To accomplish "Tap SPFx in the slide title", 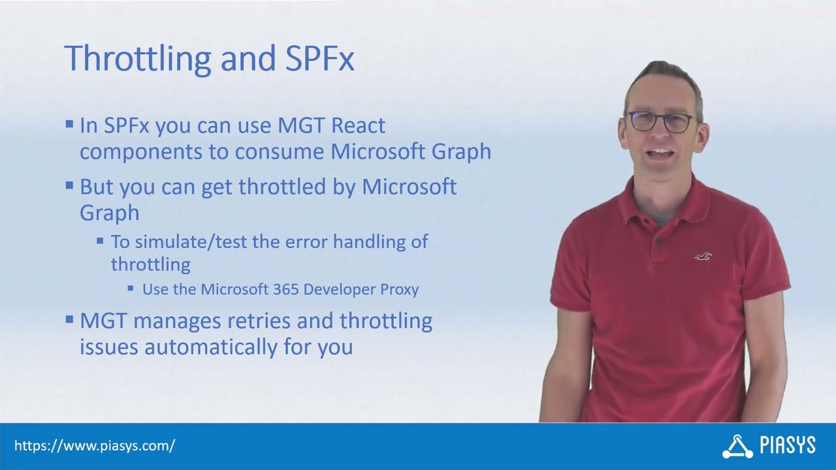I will click(320, 59).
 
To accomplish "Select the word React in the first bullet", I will click(359, 125).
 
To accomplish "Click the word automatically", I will click(212, 347).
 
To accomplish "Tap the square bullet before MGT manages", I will click(69, 319).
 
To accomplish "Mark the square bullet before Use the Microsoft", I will click(131, 288).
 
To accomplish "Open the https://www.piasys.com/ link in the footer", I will click(95, 446).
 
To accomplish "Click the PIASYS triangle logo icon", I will click(737, 446).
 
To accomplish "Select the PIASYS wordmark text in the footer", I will click(788, 446).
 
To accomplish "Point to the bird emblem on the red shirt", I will click(703, 257).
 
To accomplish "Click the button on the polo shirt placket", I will click(658, 242).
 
